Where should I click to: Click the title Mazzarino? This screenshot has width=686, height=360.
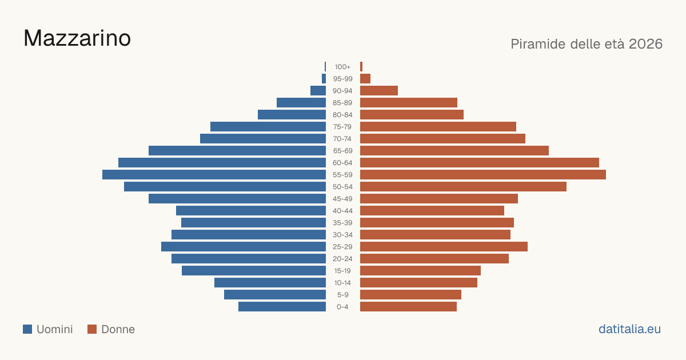pyautogui.click(x=77, y=38)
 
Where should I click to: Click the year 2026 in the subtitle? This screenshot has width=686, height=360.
pyautogui.click(x=645, y=44)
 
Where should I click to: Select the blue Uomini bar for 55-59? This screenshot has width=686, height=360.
pyautogui.click(x=214, y=175)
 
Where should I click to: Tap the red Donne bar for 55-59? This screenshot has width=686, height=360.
pyautogui.click(x=483, y=175)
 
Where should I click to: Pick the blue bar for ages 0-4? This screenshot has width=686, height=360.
pyautogui.click(x=282, y=307)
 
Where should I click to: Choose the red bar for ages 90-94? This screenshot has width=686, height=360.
pyautogui.click(x=379, y=91)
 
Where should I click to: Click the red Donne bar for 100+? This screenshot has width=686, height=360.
pyautogui.click(x=361, y=67)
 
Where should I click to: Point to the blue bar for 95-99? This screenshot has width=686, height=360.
pyautogui.click(x=324, y=79)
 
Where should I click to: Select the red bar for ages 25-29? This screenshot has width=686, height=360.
pyautogui.click(x=444, y=247)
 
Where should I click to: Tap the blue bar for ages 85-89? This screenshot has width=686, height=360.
pyautogui.click(x=301, y=102)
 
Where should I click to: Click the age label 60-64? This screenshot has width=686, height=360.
pyautogui.click(x=342, y=163)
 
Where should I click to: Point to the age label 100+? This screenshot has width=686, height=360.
pyautogui.click(x=342, y=67)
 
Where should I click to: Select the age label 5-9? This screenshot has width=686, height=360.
pyautogui.click(x=342, y=295)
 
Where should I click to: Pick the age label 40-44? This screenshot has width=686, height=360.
pyautogui.click(x=342, y=211)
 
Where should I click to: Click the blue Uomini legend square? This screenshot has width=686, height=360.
pyautogui.click(x=27, y=329)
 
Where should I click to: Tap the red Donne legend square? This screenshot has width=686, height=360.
pyautogui.click(x=92, y=329)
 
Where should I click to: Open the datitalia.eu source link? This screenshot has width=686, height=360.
pyautogui.click(x=629, y=329)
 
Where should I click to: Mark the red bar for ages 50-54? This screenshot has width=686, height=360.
pyautogui.click(x=464, y=187)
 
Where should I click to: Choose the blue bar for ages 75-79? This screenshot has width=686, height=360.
pyautogui.click(x=268, y=127)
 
